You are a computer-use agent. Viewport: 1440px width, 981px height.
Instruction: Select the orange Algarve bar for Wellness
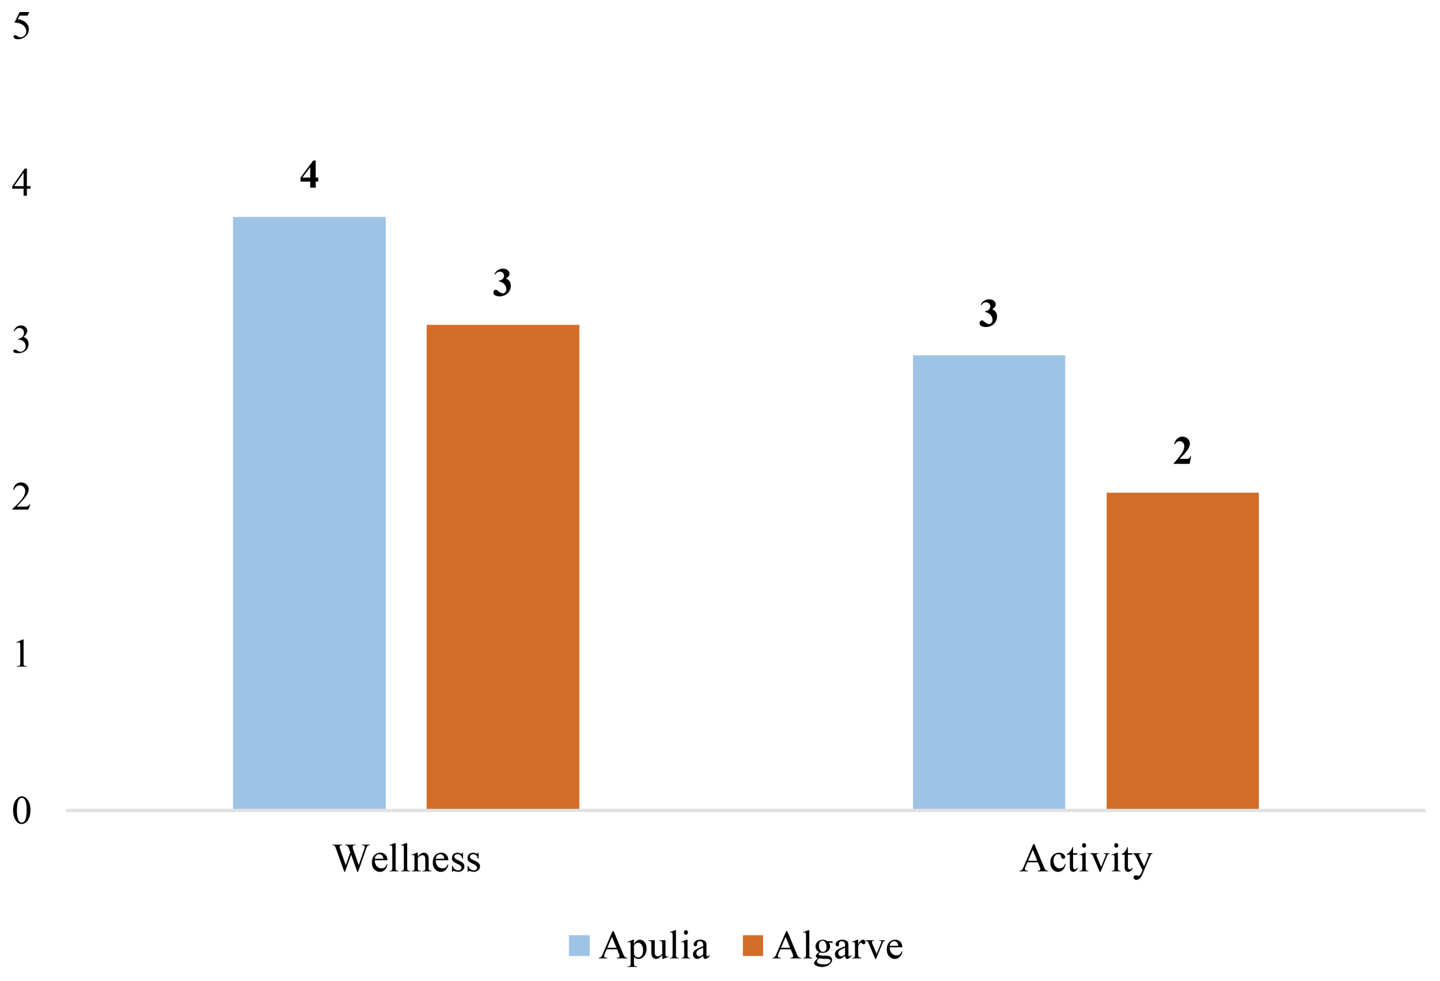(502, 566)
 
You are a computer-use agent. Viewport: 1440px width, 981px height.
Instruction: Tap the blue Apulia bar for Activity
(988, 581)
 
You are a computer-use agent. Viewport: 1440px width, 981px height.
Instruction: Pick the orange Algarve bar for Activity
(1181, 651)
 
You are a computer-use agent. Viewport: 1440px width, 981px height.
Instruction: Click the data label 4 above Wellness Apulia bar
(309, 174)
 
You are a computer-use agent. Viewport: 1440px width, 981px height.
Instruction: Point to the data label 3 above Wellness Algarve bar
(502, 283)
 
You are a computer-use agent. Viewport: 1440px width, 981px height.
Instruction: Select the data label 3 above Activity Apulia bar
(988, 313)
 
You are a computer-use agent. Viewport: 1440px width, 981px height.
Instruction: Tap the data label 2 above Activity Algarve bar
(1181, 451)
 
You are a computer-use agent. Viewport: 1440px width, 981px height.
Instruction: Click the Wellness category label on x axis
(407, 859)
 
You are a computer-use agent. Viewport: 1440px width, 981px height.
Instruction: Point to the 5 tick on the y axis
(21, 26)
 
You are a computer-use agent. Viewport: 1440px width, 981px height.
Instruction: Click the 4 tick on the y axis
(21, 183)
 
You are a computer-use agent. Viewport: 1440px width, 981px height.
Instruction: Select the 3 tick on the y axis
(21, 340)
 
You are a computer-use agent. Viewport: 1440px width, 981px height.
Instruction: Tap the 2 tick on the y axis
(21, 497)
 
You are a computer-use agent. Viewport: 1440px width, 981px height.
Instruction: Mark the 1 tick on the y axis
(21, 653)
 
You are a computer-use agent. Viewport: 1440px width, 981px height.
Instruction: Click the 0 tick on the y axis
(21, 811)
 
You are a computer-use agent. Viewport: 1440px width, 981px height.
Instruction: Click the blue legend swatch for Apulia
(579, 946)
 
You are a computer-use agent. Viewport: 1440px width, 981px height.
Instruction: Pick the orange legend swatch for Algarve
(752, 946)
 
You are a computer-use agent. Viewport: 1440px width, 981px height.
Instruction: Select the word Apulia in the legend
(654, 946)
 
